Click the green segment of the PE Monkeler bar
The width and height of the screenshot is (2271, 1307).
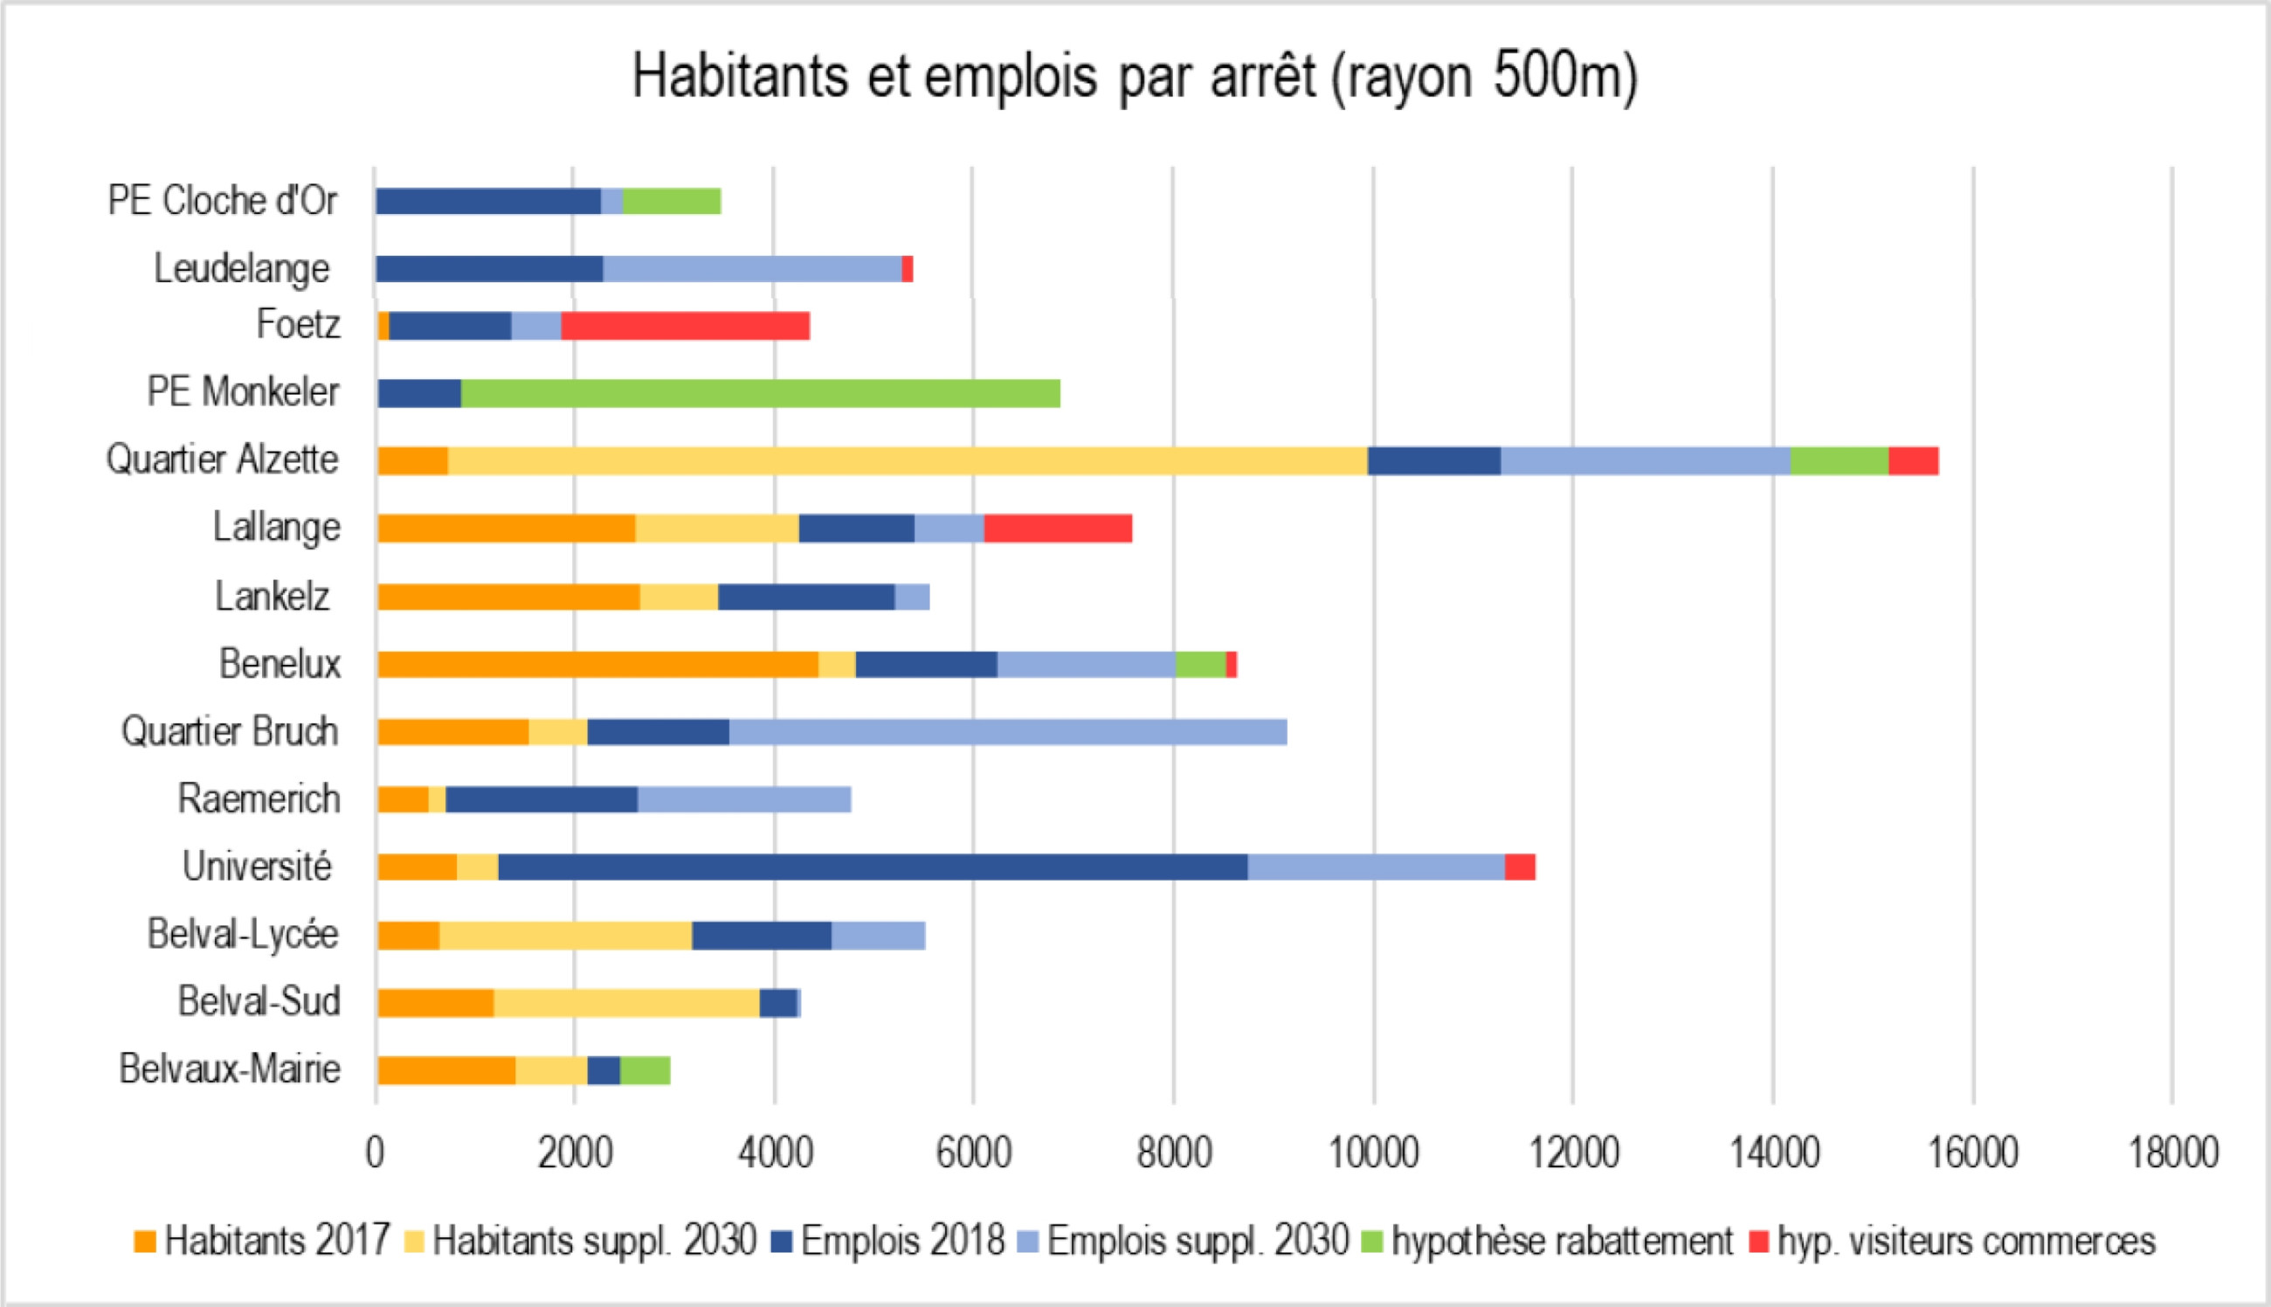coord(760,393)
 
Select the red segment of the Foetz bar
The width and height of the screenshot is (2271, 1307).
coord(685,326)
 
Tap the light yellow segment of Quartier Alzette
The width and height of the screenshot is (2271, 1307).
coord(907,460)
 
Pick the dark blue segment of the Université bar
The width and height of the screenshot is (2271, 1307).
coord(872,868)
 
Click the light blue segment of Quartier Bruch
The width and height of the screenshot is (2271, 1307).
coord(1008,731)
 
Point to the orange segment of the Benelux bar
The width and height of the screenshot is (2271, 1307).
coord(597,664)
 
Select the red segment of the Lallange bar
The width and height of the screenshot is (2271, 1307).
coord(1058,529)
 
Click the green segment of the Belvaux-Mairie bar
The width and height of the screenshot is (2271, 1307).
coord(645,1070)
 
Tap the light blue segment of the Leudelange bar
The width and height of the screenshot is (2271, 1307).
coord(752,268)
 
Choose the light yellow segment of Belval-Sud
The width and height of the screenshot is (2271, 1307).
coord(626,1003)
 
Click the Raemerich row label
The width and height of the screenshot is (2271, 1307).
coord(259,798)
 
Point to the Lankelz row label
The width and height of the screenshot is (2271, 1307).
coord(272,596)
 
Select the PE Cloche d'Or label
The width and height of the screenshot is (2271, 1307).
coord(222,200)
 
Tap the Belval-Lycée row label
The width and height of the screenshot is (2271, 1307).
coord(242,934)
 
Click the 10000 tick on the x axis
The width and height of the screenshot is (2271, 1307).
coord(1373,1152)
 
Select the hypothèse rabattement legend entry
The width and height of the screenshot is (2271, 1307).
coord(1561,1241)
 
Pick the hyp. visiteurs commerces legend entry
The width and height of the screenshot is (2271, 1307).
coord(1965,1241)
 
